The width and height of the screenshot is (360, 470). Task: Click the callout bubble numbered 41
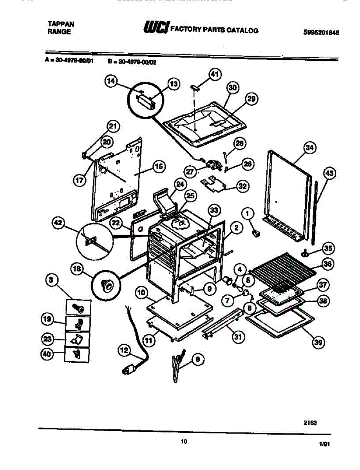click(x=214, y=74)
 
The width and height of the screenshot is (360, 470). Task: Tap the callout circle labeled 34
click(x=310, y=148)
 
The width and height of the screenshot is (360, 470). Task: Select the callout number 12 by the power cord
click(x=124, y=351)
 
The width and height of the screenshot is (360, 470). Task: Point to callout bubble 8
click(x=199, y=358)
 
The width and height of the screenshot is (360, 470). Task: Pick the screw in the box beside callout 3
click(x=79, y=308)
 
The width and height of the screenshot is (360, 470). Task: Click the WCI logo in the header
click(x=156, y=28)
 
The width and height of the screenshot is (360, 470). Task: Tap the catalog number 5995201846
click(x=321, y=33)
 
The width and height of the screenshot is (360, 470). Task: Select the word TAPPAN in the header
click(x=61, y=24)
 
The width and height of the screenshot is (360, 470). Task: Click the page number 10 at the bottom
click(x=184, y=442)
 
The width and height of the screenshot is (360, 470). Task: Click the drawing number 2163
click(x=310, y=423)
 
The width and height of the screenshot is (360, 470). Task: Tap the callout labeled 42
click(x=58, y=223)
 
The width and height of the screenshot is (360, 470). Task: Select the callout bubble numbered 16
click(x=158, y=166)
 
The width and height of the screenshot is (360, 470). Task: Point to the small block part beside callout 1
click(x=257, y=234)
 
